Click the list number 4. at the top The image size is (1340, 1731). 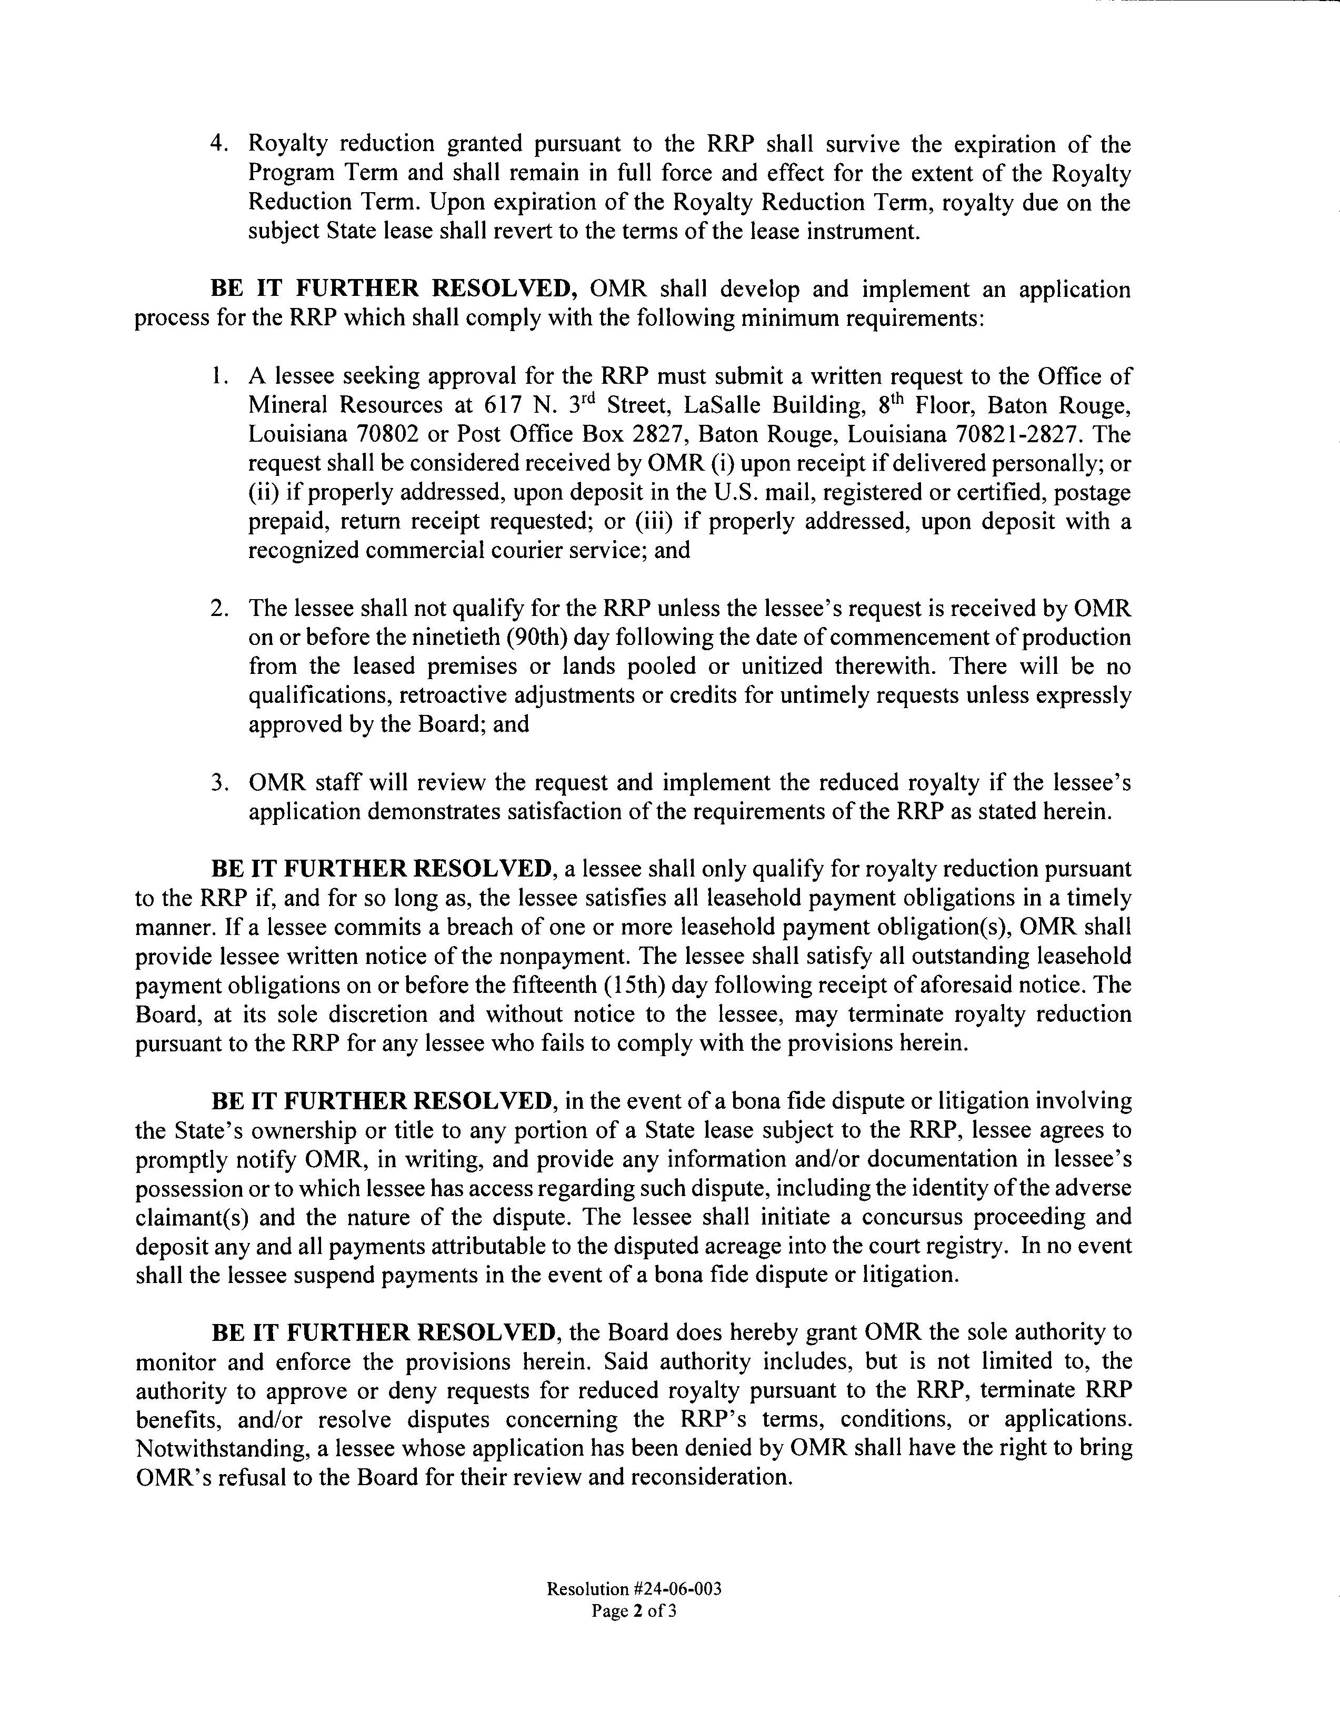pos(219,144)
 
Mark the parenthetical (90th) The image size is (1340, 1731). pos(533,637)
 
